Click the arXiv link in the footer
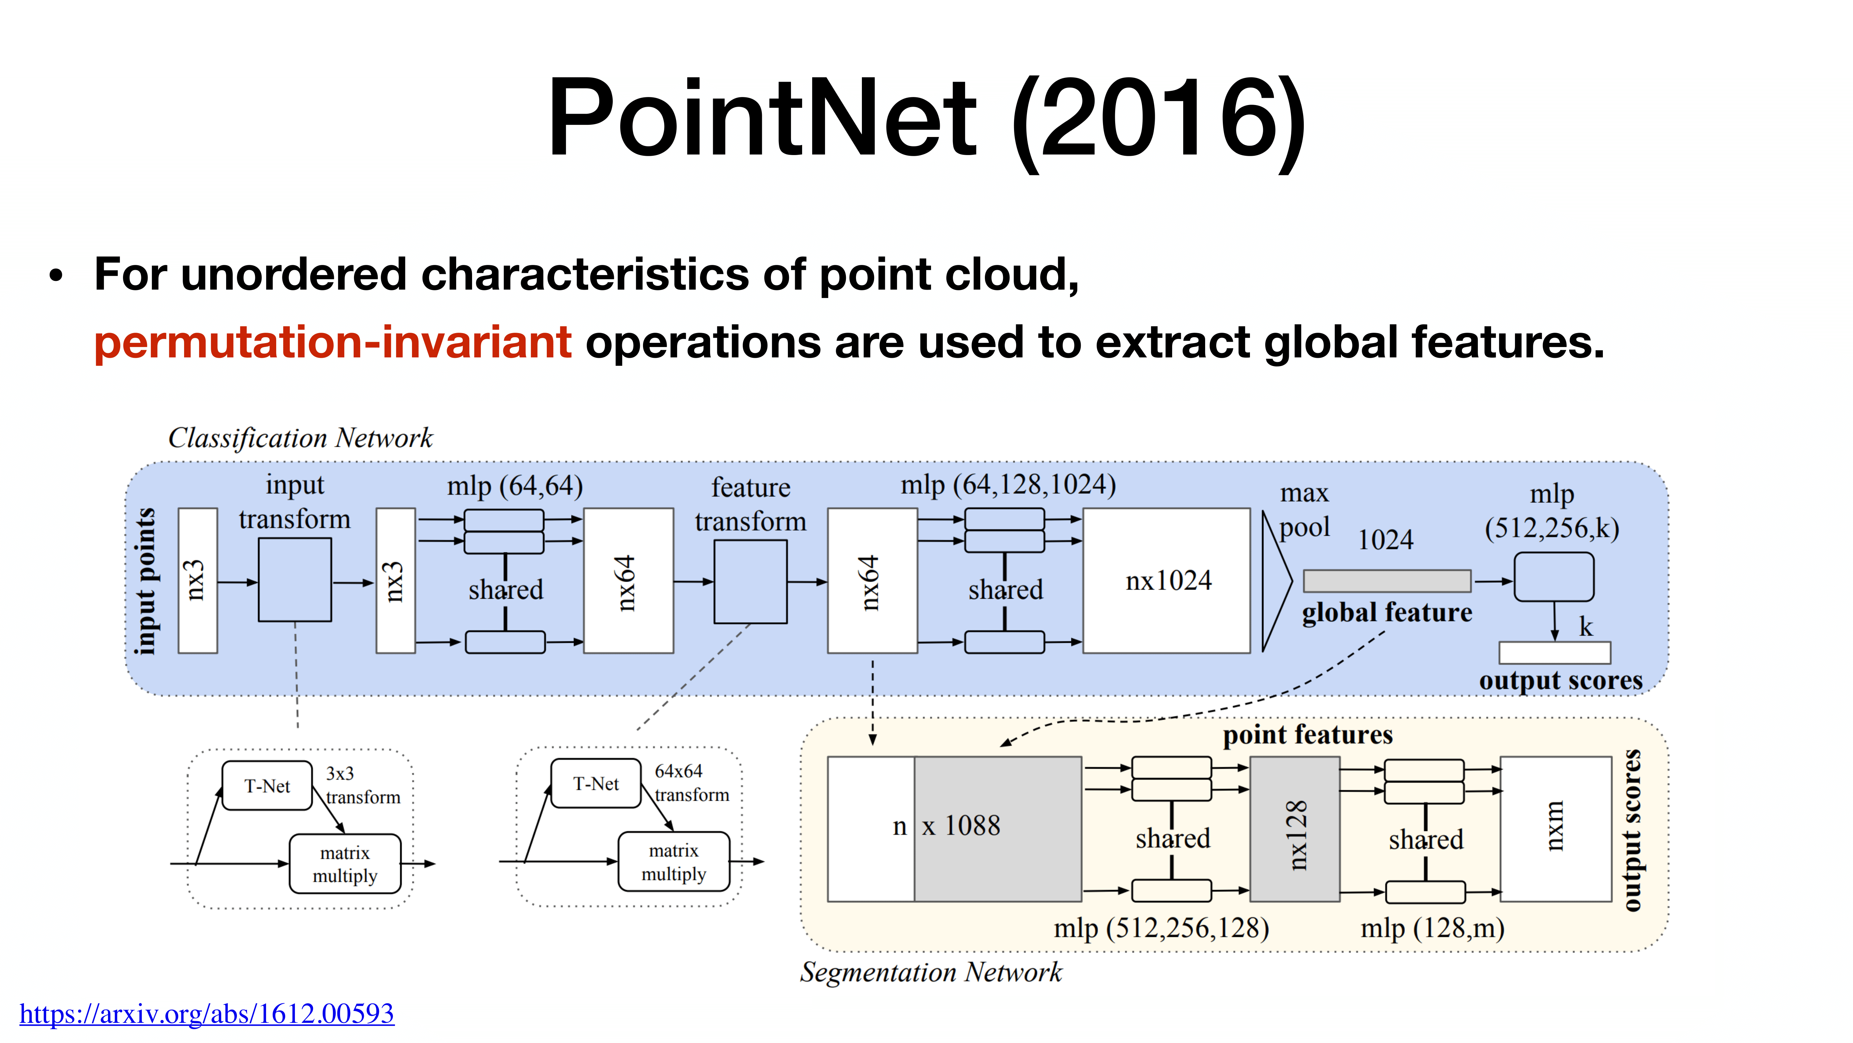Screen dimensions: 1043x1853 coord(206,1013)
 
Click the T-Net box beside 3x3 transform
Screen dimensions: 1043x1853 coord(267,786)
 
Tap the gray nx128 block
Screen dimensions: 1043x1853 coord(1294,828)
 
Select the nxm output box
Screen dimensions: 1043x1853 coord(1555,828)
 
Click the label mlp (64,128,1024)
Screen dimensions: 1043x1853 coord(1008,485)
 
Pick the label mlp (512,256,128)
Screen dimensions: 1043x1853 coord(1161,928)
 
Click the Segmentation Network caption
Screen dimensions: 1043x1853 coord(931,972)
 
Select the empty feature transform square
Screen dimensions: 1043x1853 coord(750,582)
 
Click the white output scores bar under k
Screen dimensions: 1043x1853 coord(1555,653)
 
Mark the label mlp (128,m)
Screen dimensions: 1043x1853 coord(1432,928)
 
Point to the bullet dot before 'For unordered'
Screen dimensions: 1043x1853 coord(56,276)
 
